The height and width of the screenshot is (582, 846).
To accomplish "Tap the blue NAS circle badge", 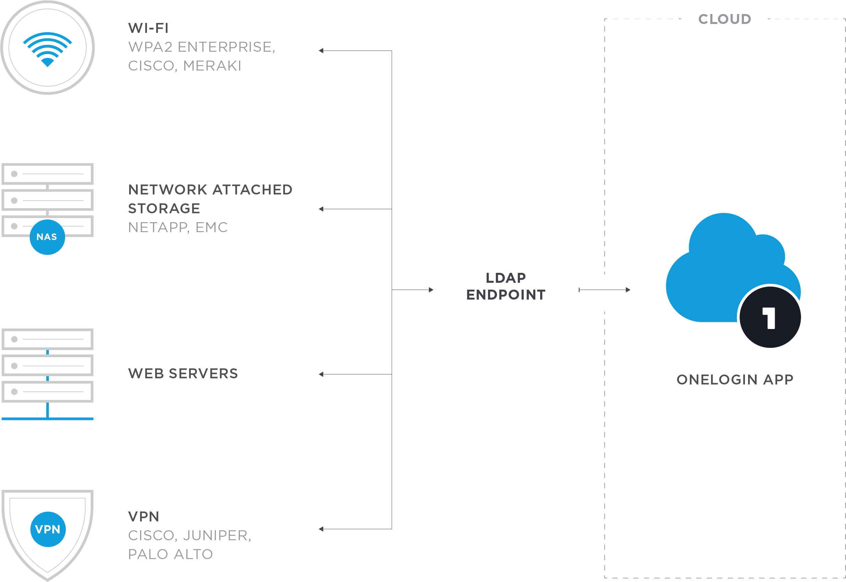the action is (47, 237).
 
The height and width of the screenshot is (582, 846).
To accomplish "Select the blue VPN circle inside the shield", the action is (48, 529).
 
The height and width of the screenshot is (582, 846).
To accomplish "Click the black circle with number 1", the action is (770, 317).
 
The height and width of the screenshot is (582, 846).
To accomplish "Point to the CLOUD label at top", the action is (724, 19).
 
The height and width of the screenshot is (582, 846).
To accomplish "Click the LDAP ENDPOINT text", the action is (506, 286).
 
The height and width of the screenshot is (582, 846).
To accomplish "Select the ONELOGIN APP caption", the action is (735, 380).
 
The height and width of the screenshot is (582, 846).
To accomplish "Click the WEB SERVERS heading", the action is (183, 374).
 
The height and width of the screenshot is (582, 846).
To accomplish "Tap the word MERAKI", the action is (212, 66).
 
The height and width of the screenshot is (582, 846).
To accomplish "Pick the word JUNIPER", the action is (217, 535).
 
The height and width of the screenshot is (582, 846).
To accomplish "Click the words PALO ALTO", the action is (170, 554).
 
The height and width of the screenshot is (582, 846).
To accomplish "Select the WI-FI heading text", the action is (148, 28).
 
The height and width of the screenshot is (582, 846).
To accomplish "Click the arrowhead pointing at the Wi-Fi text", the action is (321, 51).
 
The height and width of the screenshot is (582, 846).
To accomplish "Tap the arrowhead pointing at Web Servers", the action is (321, 374).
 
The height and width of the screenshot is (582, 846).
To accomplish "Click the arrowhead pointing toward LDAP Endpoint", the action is (431, 290).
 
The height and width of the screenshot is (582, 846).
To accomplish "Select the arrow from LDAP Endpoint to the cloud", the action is (605, 290).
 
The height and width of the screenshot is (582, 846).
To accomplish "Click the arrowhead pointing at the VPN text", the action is (321, 529).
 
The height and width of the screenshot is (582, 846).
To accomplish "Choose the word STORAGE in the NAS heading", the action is (164, 208).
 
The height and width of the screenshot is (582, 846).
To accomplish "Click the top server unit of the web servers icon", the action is (47, 339).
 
